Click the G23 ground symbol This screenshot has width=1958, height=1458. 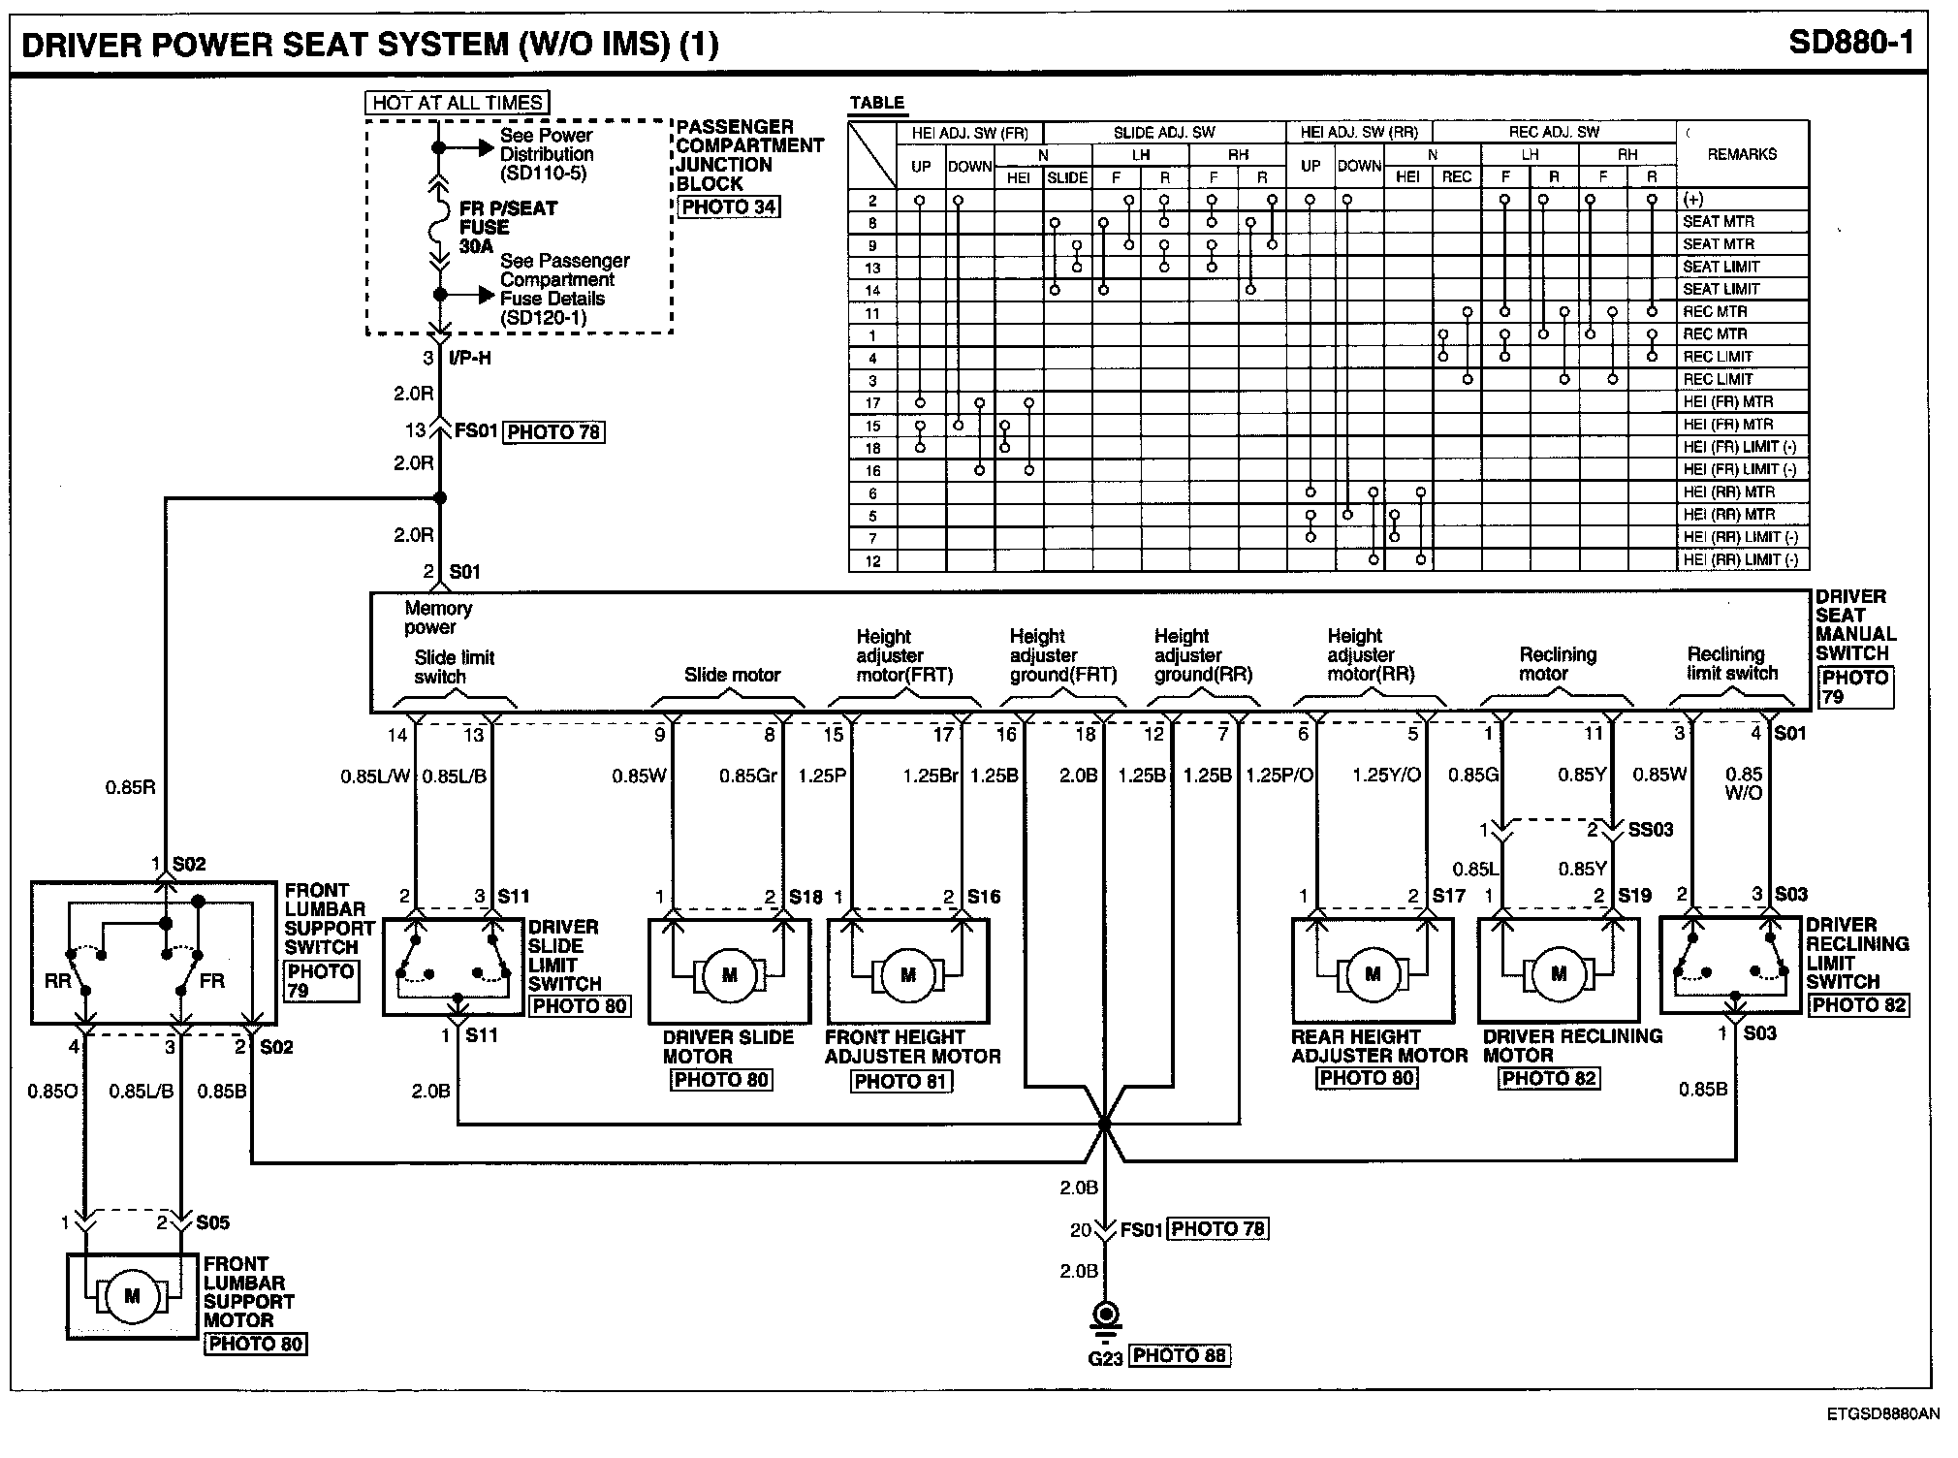(1104, 1316)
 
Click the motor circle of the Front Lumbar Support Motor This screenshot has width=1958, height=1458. (133, 1296)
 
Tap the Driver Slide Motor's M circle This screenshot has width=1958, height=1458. (730, 974)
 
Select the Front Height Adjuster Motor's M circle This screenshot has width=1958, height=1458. (908, 974)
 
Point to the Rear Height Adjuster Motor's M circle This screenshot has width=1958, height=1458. (1373, 974)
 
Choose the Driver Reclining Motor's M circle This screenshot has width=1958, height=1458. (1559, 974)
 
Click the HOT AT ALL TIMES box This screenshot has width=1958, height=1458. (458, 103)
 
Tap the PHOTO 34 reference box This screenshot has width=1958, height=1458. (729, 206)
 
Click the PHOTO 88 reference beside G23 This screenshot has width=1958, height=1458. (1180, 1355)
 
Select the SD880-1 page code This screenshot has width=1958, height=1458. (1850, 44)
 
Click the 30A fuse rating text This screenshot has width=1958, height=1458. (476, 246)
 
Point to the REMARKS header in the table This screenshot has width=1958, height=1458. (1742, 154)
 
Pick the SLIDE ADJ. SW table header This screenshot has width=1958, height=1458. (1164, 133)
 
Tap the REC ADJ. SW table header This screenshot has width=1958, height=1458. (1554, 132)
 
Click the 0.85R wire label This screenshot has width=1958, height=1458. (130, 787)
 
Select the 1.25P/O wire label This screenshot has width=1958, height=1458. (1279, 775)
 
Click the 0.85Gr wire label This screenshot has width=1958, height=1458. (748, 775)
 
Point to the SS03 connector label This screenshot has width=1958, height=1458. (1650, 830)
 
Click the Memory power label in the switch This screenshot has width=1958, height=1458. (438, 618)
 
